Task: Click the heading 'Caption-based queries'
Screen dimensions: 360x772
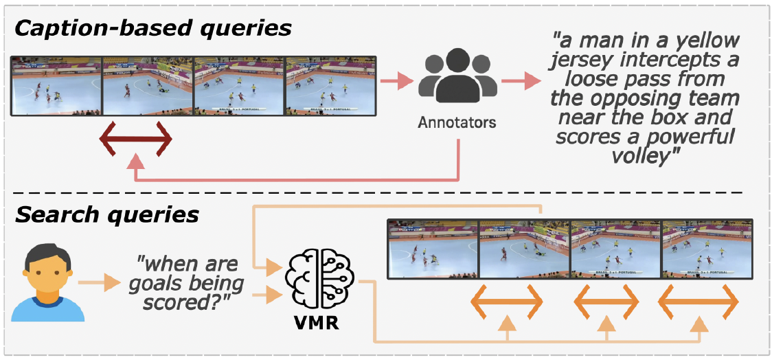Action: point(153,29)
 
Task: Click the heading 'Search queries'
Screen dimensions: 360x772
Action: point(106,215)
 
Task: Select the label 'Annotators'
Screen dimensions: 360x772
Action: point(457,123)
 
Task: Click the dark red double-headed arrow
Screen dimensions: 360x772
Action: point(135,140)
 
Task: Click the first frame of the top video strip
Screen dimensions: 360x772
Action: point(56,86)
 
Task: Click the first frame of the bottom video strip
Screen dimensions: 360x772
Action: point(433,249)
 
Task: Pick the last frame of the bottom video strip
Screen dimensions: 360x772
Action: point(706,249)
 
